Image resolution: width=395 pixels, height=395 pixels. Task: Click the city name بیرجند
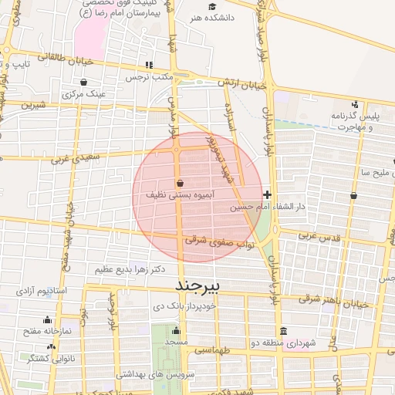point(198,286)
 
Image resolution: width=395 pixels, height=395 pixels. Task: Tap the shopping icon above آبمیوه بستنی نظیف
point(180,184)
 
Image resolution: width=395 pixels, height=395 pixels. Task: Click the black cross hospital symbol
point(267,194)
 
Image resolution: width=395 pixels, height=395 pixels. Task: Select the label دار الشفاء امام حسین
point(264,208)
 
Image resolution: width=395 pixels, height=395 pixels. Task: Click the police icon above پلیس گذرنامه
point(355,104)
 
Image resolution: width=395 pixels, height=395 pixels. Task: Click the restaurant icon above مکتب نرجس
point(149,66)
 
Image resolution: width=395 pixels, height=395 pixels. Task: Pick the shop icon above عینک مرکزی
point(83,81)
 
